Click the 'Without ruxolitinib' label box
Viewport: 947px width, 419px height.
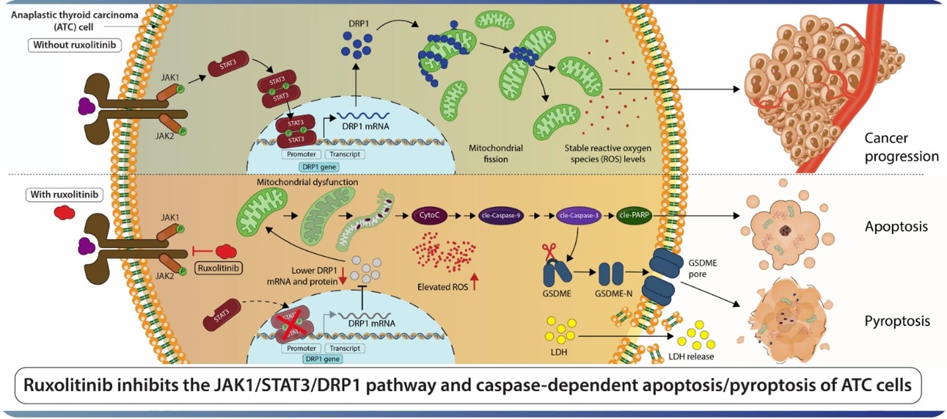tap(75, 45)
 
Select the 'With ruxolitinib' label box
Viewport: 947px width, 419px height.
tap(64, 194)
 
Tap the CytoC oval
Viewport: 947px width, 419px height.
tap(429, 215)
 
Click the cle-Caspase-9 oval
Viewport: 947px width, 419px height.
tap(501, 215)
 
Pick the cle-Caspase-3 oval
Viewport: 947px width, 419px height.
tap(579, 215)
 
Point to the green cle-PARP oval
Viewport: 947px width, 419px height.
tap(634, 215)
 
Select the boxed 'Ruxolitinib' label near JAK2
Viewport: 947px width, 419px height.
tap(219, 268)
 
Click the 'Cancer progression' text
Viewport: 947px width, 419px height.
tap(901, 147)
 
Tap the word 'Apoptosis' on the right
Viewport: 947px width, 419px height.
tap(897, 227)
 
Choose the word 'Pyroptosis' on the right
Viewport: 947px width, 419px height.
tap(897, 322)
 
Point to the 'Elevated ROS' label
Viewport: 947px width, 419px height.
tap(442, 287)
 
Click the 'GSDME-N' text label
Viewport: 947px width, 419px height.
tap(613, 293)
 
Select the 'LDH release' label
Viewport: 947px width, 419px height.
tap(691, 357)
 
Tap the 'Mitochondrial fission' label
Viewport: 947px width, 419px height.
tap(495, 153)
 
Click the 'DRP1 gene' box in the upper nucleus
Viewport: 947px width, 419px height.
tap(319, 167)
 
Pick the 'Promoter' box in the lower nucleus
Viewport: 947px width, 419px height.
tap(302, 348)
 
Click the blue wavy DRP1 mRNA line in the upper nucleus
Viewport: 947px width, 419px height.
tap(363, 115)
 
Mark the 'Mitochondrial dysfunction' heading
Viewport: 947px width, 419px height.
tap(307, 182)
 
